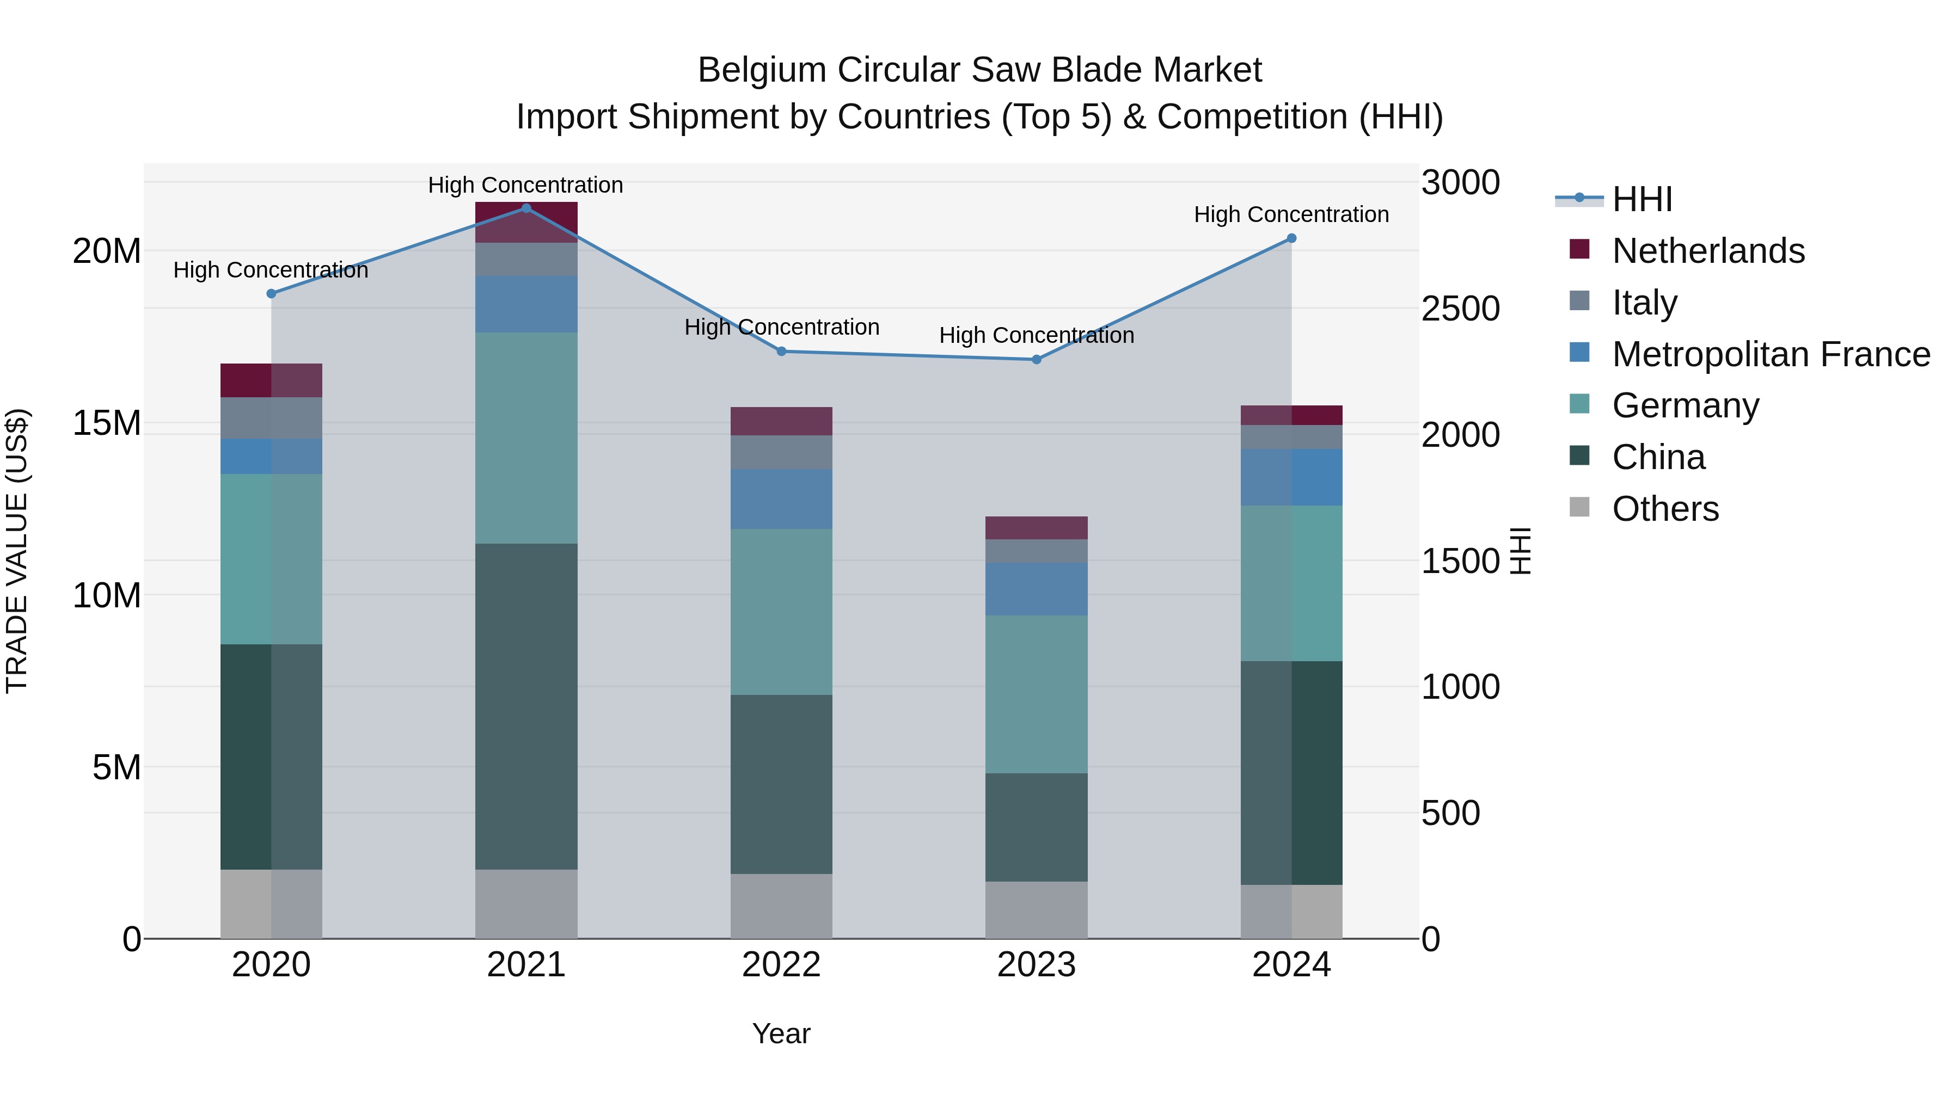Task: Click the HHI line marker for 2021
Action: point(526,208)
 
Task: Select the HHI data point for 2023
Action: point(1036,359)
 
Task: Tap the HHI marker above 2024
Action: point(1291,238)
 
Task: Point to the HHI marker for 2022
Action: point(781,352)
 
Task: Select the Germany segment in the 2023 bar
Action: point(1036,694)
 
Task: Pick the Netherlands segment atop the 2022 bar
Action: point(781,421)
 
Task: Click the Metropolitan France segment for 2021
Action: point(526,304)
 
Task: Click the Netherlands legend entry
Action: point(1708,251)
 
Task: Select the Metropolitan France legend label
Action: point(1771,354)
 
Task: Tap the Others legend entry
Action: point(1665,509)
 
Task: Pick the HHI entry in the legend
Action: point(1642,199)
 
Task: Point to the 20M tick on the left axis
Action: point(107,251)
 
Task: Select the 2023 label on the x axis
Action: point(1036,965)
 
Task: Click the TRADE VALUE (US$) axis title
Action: point(17,551)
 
